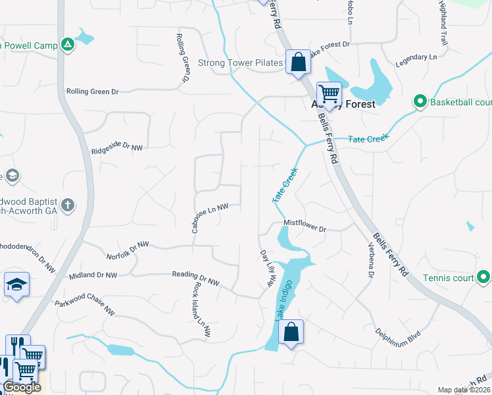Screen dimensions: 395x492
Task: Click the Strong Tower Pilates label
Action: tap(240, 63)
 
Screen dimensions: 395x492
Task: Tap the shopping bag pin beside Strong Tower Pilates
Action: tap(298, 63)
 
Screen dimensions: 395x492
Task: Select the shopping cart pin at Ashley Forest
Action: tap(328, 93)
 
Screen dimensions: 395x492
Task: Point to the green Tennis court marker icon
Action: tap(483, 278)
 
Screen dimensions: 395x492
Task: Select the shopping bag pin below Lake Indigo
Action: tap(291, 332)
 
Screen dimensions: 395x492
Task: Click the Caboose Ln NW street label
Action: tap(209, 217)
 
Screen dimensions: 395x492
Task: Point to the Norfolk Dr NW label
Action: tap(128, 247)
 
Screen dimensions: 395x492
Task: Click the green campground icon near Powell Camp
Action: tap(67, 45)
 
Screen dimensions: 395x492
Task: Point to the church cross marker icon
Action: tap(68, 205)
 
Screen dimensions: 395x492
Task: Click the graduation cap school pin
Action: tap(16, 284)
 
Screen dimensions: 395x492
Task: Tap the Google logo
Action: tap(22, 388)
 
